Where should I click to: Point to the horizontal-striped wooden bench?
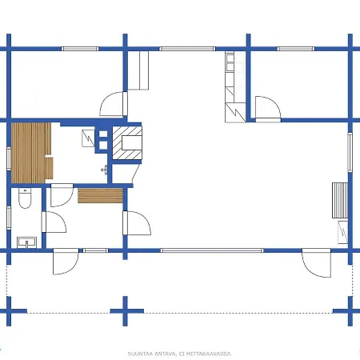100,197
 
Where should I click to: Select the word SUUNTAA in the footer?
139,352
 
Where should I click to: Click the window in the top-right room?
294,49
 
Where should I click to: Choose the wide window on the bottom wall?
211,250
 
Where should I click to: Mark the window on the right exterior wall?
350,153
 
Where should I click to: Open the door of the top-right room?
266,108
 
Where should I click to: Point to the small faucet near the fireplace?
103,170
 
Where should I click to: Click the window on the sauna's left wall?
9,152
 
